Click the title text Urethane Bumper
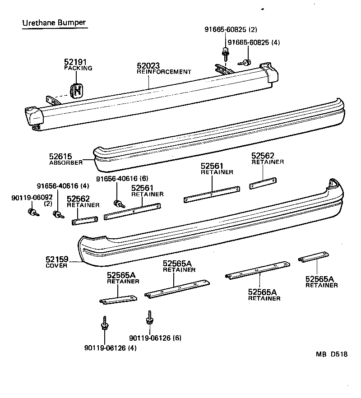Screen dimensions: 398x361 pos(54,22)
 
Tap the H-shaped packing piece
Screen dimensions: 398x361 pos(78,89)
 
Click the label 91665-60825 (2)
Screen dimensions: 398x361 pos(231,30)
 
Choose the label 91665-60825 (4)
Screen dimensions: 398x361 pos(254,42)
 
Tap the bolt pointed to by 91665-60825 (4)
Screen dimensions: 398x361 pos(246,62)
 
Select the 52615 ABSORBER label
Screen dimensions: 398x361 pos(66,159)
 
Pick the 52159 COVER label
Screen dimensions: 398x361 pos(56,262)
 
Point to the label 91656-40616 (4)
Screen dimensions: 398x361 pos(63,186)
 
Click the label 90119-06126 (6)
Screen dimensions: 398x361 pos(155,338)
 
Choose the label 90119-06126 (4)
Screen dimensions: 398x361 pos(110,347)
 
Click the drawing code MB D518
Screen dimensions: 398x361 pos(331,354)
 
